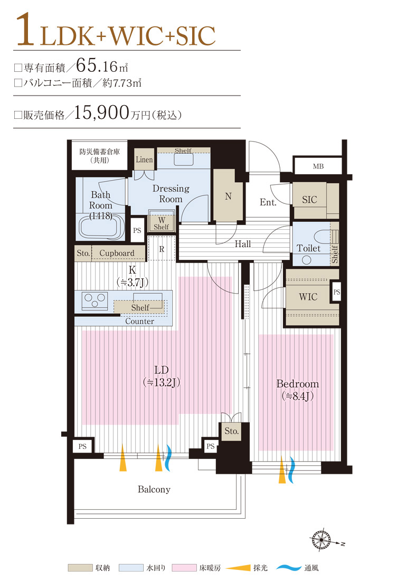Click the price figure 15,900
click(x=102, y=113)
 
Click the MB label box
click(x=317, y=166)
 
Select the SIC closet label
click(x=309, y=200)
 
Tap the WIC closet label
click(x=308, y=297)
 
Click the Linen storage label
click(x=144, y=160)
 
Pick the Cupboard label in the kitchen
click(x=117, y=253)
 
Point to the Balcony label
click(x=154, y=490)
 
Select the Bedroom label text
click(x=298, y=384)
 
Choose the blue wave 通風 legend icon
click(x=288, y=568)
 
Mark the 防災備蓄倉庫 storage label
click(x=100, y=155)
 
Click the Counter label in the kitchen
click(x=140, y=321)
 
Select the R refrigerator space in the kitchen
click(x=162, y=249)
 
